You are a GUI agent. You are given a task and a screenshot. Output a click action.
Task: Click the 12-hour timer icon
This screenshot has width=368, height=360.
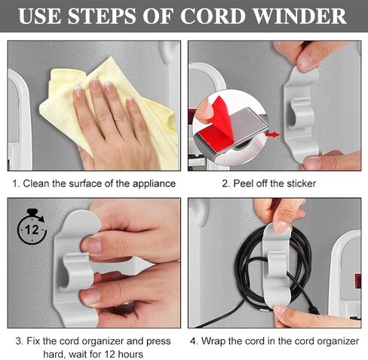(30, 226)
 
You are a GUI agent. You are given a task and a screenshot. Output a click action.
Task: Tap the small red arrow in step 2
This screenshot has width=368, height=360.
(272, 136)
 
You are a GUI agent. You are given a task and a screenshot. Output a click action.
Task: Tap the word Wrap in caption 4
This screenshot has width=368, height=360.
(215, 340)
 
